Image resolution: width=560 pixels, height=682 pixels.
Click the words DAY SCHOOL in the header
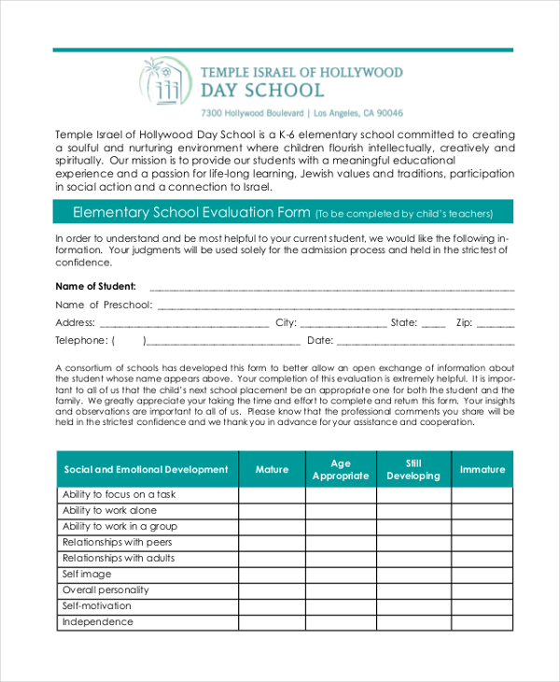pyautogui.click(x=263, y=91)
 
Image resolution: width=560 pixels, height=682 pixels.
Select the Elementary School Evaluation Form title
pyautogui.click(x=191, y=213)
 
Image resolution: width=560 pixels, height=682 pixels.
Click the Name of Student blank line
pyautogui.click(x=331, y=287)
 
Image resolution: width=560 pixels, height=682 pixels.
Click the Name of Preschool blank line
pyautogui.click(x=336, y=305)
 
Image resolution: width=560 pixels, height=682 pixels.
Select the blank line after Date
pyautogui.click(x=425, y=341)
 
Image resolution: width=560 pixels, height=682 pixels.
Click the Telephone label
pyautogui.click(x=82, y=341)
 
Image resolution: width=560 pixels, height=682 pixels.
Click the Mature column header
pyautogui.click(x=272, y=469)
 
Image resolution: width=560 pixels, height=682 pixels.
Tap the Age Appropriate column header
pyautogui.click(x=341, y=469)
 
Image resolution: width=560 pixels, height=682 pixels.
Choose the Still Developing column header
pyautogui.click(x=413, y=469)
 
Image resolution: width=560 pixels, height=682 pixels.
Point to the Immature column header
pyautogui.click(x=482, y=469)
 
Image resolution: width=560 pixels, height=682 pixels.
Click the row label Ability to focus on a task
pyautogui.click(x=119, y=494)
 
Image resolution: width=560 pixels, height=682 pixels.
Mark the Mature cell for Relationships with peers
pyautogui.click(x=272, y=542)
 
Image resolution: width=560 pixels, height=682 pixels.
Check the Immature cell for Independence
pyautogui.click(x=482, y=622)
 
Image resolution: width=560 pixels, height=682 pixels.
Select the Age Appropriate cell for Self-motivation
pyautogui.click(x=341, y=606)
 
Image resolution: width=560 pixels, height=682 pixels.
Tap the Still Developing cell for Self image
pyautogui.click(x=413, y=575)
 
